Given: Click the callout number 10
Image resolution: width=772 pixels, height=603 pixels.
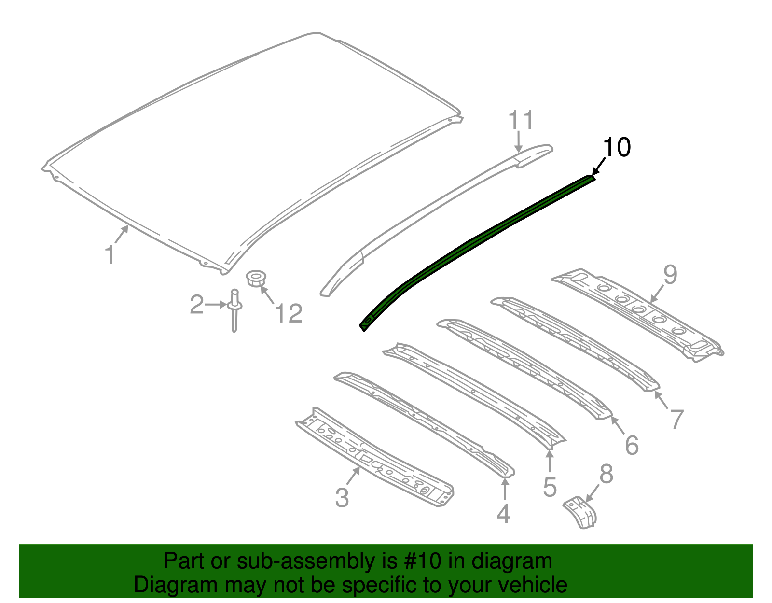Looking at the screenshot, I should (617, 147).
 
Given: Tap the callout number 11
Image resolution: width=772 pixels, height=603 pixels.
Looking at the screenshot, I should (522, 120).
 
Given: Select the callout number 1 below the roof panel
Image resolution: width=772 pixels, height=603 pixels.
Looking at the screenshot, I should (110, 255).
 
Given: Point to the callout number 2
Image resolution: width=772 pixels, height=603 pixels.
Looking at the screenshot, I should (196, 305).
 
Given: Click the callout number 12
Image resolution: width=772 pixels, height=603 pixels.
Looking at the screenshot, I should (289, 313).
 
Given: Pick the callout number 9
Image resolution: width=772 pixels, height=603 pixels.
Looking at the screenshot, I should (670, 275).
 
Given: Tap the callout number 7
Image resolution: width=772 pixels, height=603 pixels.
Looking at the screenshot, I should (677, 419).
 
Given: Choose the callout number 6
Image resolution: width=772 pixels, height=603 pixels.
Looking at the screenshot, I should (632, 445).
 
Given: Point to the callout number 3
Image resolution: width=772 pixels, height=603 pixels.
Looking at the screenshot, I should (342, 497).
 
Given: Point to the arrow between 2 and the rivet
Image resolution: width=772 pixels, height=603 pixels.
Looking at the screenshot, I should (216, 305).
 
